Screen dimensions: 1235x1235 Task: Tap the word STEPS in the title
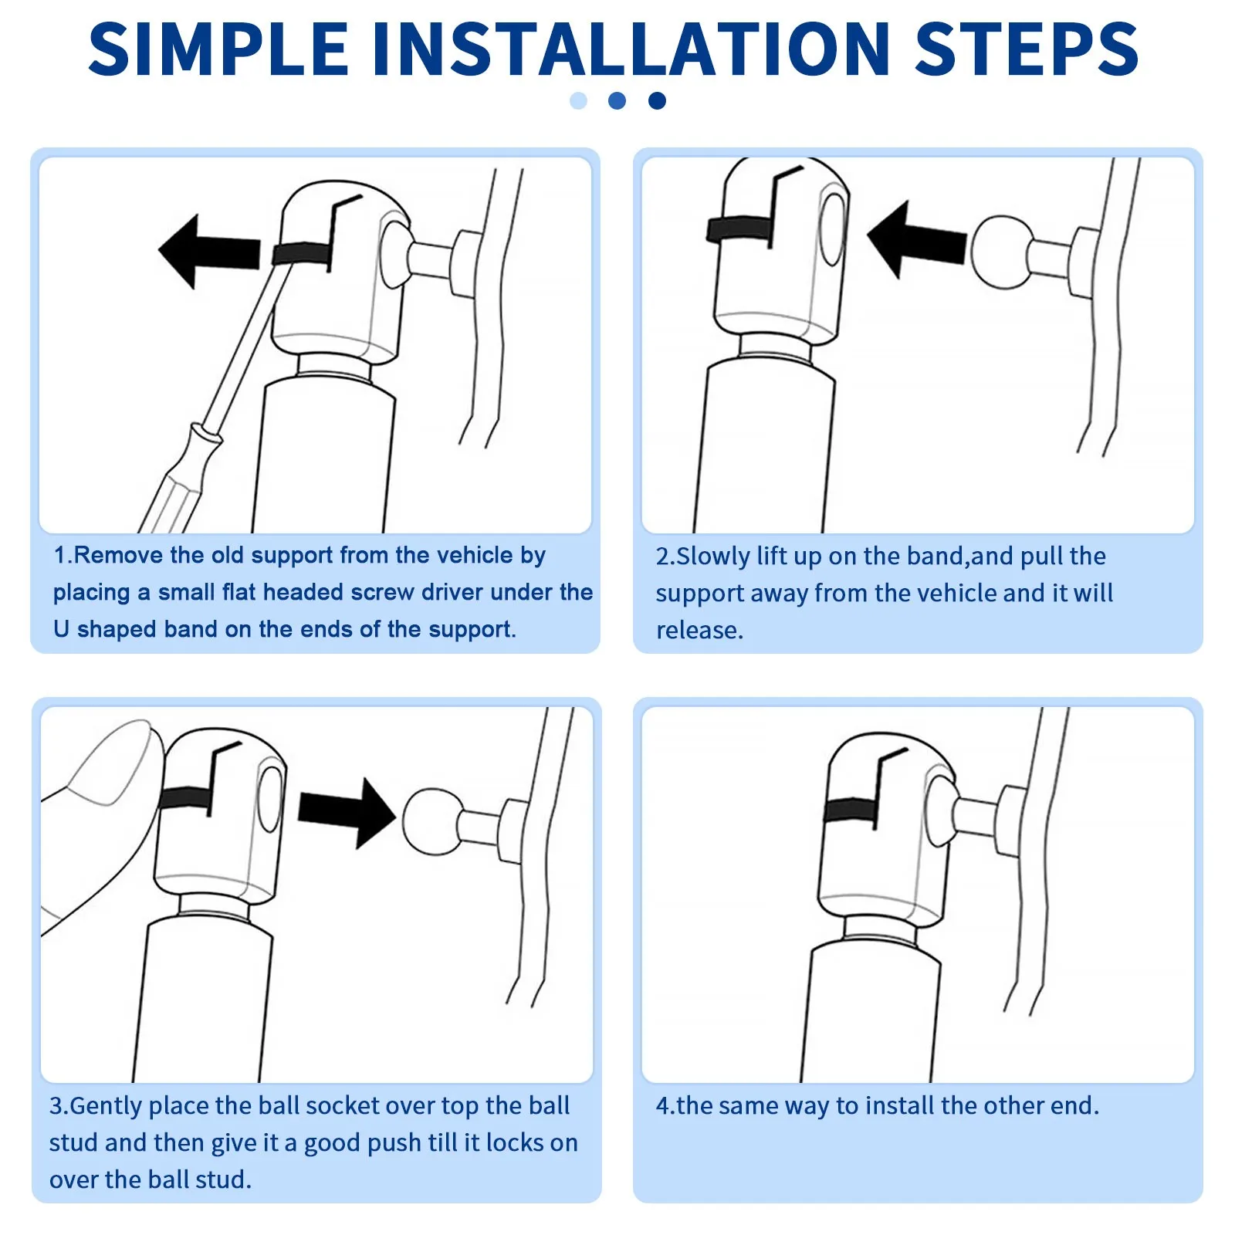tap(1027, 49)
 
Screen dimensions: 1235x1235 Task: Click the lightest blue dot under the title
tap(578, 100)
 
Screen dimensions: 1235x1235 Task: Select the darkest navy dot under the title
tap(657, 100)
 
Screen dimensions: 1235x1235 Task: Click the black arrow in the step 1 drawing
tap(208, 252)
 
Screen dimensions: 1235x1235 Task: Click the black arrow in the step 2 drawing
tap(916, 240)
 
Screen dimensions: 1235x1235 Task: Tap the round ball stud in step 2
tap(1003, 252)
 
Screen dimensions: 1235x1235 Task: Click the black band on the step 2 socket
tap(739, 228)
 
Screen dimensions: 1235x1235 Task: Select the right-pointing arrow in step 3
tap(347, 814)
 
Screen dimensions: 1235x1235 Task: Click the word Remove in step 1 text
tap(119, 555)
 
